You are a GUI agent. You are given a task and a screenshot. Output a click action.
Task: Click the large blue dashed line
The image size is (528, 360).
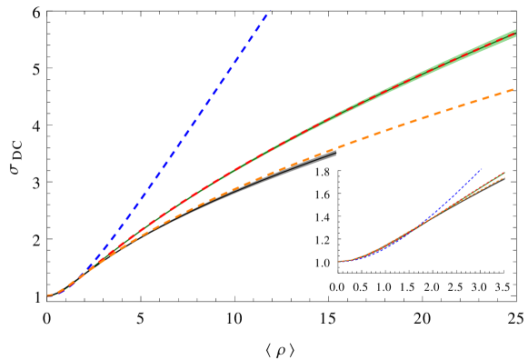coord(182,136)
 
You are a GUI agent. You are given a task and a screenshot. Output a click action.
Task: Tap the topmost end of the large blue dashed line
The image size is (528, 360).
coord(267,14)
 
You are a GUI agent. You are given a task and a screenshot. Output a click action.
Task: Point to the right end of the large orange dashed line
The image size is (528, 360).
coord(513,89)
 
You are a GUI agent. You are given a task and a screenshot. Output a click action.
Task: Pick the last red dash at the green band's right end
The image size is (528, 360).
coord(511,36)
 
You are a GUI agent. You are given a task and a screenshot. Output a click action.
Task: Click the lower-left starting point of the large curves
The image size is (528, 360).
coord(48,295)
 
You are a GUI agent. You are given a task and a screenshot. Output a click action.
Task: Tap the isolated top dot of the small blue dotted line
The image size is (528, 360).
coord(480,169)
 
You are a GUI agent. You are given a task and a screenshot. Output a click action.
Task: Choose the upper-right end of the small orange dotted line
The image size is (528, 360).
coord(504,176)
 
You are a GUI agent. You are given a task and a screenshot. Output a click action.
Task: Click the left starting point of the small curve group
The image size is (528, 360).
coord(339,262)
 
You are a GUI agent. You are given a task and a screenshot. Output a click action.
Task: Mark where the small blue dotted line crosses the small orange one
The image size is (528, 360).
coord(425,222)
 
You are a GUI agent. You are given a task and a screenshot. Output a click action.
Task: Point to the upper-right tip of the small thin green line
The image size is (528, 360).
coord(505,172)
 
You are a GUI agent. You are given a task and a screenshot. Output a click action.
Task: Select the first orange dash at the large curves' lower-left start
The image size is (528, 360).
coord(50,295)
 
